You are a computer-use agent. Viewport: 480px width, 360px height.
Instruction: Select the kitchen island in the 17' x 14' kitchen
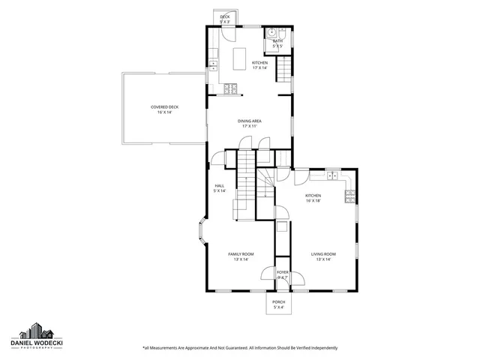point(239,58)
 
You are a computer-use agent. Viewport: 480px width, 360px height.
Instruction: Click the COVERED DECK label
point(165,109)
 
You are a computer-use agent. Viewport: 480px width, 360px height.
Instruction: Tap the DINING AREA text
point(249,124)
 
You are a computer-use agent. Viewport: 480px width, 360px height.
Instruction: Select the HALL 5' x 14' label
point(220,188)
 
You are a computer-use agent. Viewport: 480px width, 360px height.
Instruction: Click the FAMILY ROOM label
point(241,256)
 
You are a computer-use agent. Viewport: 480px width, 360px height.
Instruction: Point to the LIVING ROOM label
point(323,256)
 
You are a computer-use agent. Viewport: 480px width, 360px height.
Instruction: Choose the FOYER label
point(283,274)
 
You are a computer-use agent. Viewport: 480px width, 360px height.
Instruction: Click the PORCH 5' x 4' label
point(279,304)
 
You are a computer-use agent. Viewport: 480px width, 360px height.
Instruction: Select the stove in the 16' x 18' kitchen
point(349,197)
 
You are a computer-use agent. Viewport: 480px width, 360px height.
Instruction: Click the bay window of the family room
point(201,234)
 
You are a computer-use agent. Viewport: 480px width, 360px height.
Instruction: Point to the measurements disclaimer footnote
point(240,348)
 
